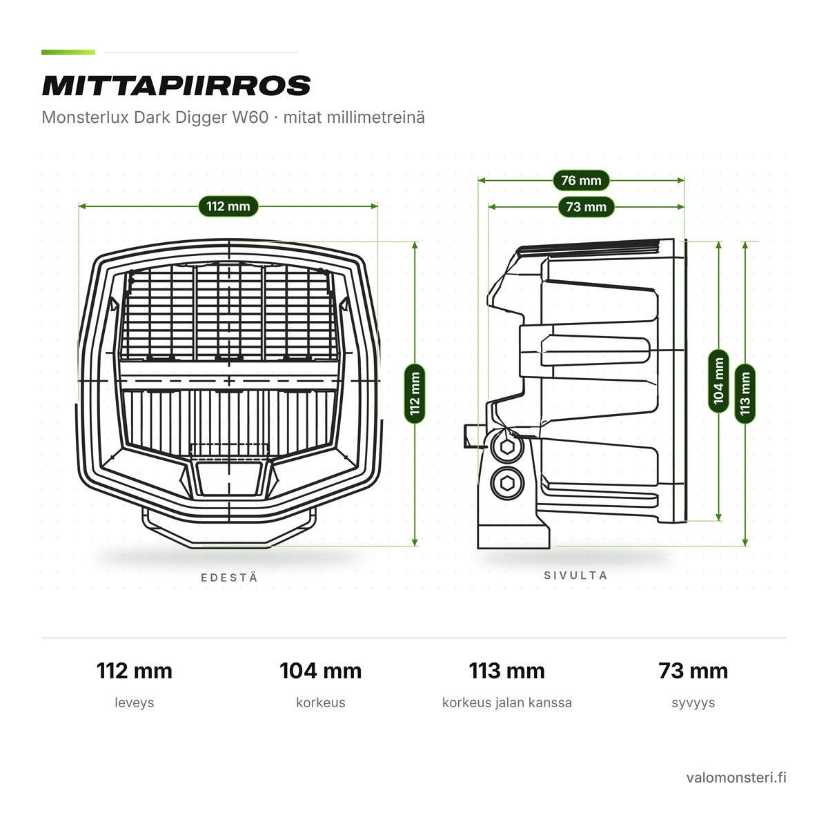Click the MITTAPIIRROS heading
(176, 86)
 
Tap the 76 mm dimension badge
(581, 181)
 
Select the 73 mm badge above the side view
(586, 207)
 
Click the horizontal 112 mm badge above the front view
(228, 206)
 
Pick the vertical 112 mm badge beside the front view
(415, 393)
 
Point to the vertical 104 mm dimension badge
(718, 381)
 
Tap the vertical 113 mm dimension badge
(745, 393)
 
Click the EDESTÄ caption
(230, 578)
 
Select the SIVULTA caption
(575, 575)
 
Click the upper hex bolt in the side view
(507, 447)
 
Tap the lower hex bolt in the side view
(507, 484)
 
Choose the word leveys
(135, 702)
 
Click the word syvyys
(693, 703)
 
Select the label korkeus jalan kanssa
(507, 702)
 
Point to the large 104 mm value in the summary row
(321, 671)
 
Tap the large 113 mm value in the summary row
(507, 671)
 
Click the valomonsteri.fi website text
(736, 778)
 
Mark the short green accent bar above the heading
(68, 52)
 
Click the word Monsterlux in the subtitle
(86, 117)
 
